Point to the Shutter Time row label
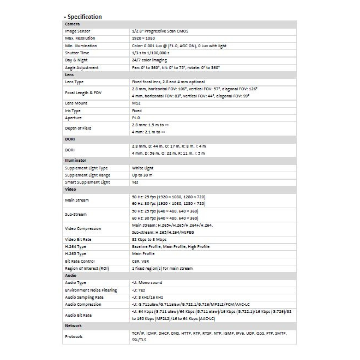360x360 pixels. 77,53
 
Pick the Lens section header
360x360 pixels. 69,75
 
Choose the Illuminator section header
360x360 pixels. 75,161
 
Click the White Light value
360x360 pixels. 143,168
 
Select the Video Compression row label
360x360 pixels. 83,229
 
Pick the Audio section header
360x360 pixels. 70,275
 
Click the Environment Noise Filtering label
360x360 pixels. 91,290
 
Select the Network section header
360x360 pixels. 73,326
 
